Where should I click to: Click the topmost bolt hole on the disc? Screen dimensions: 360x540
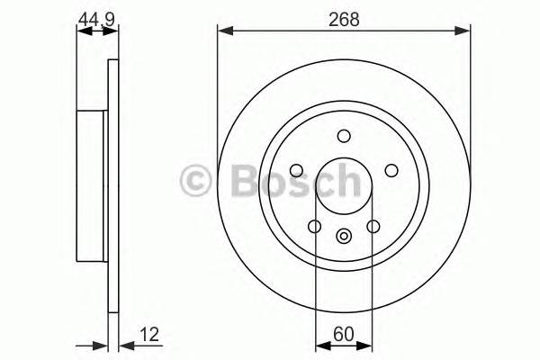[343, 136]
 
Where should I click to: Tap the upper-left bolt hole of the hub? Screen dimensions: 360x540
[296, 170]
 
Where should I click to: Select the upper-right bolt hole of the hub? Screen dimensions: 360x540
[391, 170]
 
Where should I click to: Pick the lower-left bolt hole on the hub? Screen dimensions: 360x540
[314, 226]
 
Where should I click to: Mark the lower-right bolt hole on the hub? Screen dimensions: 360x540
[373, 226]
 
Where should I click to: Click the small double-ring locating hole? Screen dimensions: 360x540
[343, 237]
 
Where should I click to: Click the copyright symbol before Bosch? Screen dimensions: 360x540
[194, 179]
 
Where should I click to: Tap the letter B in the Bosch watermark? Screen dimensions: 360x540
[230, 179]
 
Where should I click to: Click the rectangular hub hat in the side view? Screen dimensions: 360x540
[91, 179]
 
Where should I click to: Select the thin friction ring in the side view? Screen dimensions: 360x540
[112, 179]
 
